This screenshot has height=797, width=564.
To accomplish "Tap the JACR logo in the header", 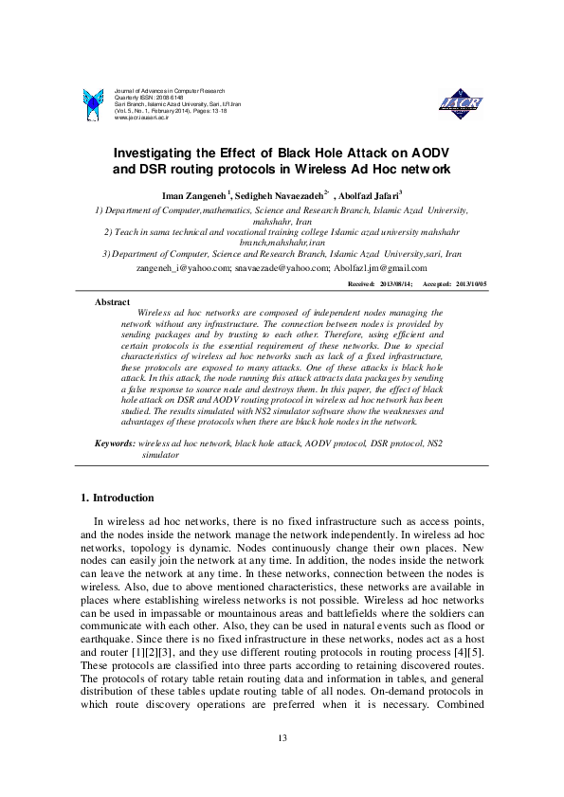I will (461, 103).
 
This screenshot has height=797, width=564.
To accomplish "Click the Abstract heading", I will (112, 301).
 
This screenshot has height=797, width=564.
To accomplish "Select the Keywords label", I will (114, 444).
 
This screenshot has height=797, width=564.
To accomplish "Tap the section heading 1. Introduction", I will (117, 498).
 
